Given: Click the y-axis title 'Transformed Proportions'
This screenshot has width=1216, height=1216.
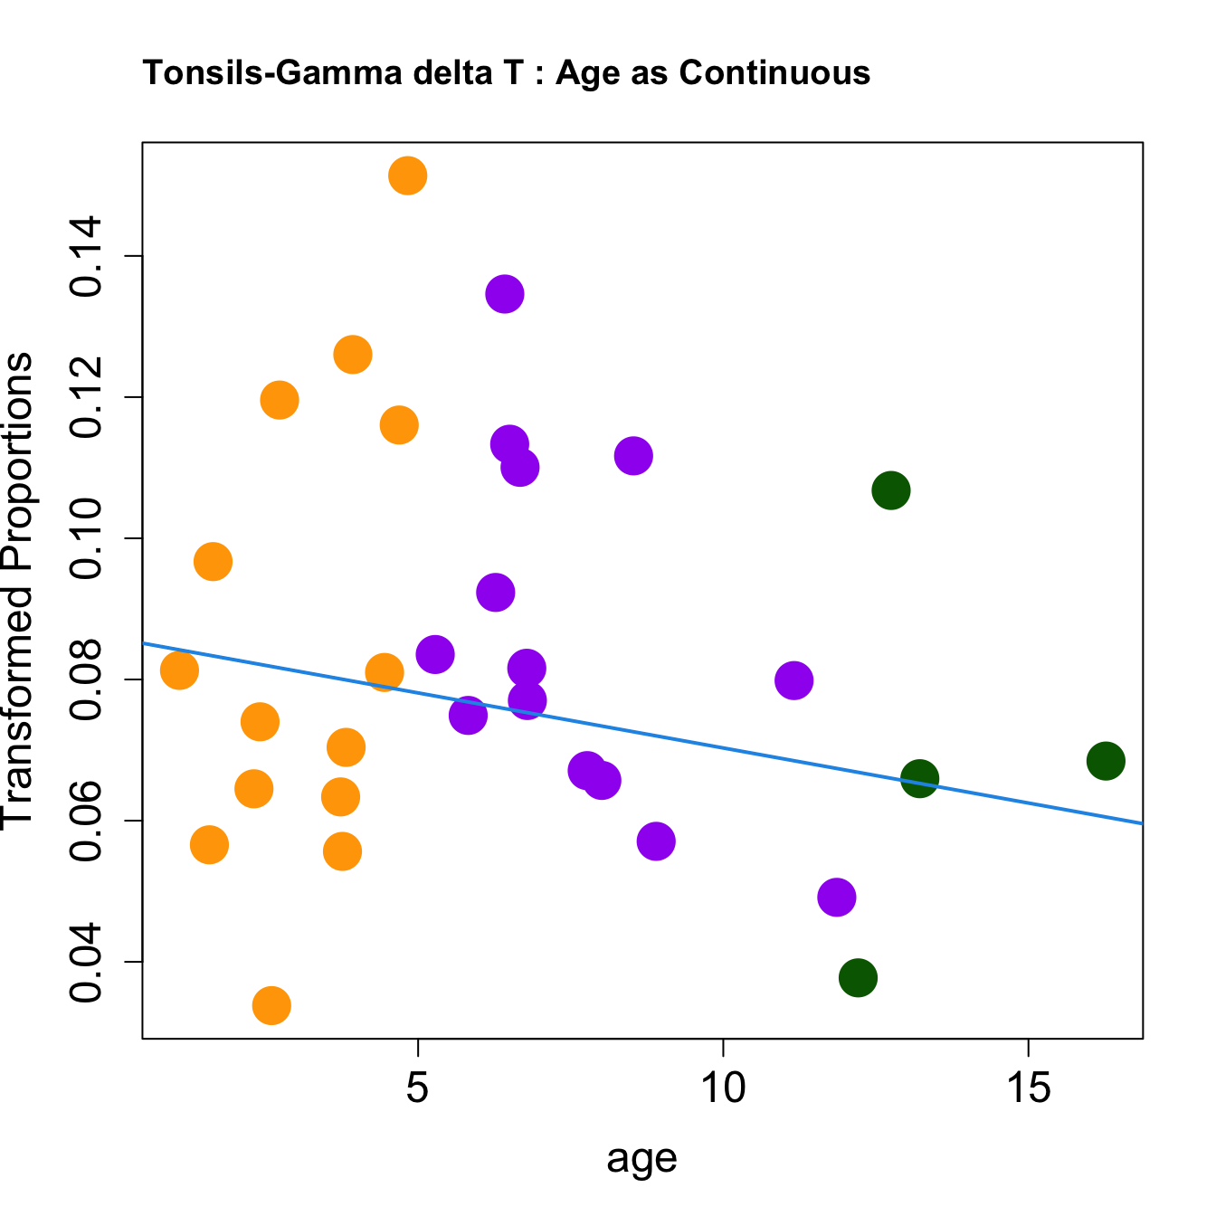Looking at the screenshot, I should pos(18,588).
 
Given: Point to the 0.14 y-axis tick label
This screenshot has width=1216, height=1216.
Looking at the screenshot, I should pos(89,257).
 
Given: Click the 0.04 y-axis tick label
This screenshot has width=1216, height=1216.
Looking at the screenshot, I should pos(89,962).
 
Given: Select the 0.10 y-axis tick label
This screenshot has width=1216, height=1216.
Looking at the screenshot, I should pos(89,538).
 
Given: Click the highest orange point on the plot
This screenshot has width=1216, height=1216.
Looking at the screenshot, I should pos(408,176).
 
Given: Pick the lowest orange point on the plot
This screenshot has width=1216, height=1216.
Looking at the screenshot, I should pos(271,1005).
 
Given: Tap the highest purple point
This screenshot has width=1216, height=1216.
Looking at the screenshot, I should pos(505,294).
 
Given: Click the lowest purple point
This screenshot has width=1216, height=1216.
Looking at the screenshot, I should pos(837,898).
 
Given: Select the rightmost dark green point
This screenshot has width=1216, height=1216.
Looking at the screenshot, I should pos(1106,761).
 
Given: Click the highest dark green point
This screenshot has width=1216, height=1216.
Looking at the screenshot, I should pos(891,490).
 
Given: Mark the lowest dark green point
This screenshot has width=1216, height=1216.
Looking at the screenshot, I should pos(858,977).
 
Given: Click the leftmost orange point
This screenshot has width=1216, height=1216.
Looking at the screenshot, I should pos(179,670).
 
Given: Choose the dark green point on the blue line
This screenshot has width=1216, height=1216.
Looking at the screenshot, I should pos(920,778).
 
